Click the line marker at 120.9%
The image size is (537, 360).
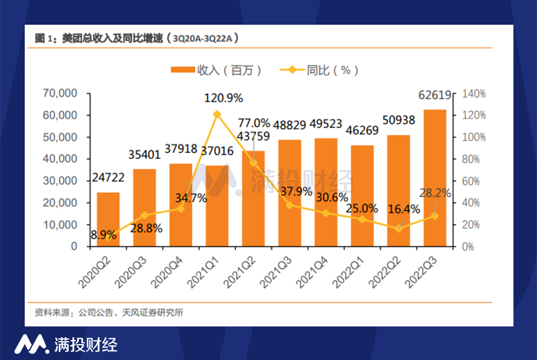point(217,114)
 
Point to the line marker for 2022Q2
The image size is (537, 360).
point(398,228)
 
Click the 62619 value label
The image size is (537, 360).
point(435,96)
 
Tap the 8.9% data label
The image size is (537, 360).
point(104,235)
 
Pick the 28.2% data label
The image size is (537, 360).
point(435,193)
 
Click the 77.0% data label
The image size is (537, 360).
point(254,123)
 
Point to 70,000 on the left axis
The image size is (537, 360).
point(61,94)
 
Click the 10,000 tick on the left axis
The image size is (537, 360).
point(61,225)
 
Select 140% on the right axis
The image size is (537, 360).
point(473,94)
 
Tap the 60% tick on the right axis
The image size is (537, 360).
point(471,181)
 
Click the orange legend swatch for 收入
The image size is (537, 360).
point(183,70)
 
